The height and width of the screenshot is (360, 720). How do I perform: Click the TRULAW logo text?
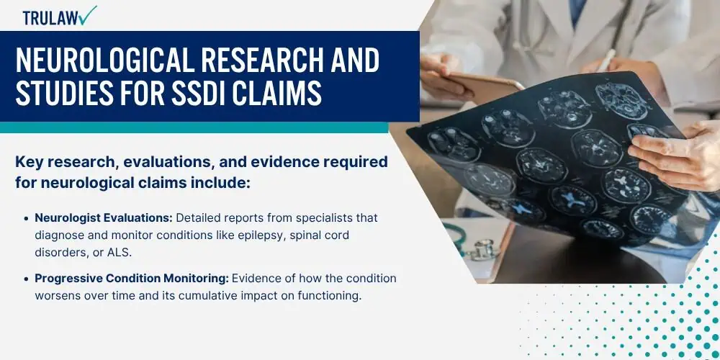50,18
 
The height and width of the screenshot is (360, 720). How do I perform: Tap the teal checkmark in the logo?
87,14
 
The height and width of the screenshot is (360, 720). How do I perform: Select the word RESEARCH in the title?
258,60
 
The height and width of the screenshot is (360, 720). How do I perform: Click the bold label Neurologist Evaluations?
104,217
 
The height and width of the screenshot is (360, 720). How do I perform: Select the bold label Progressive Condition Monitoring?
132,279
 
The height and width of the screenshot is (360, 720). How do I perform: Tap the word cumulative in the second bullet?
220,296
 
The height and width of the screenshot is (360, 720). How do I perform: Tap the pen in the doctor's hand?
606,60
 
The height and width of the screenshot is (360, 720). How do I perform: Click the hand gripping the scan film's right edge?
676,154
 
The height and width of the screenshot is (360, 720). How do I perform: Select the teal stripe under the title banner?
194,127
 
